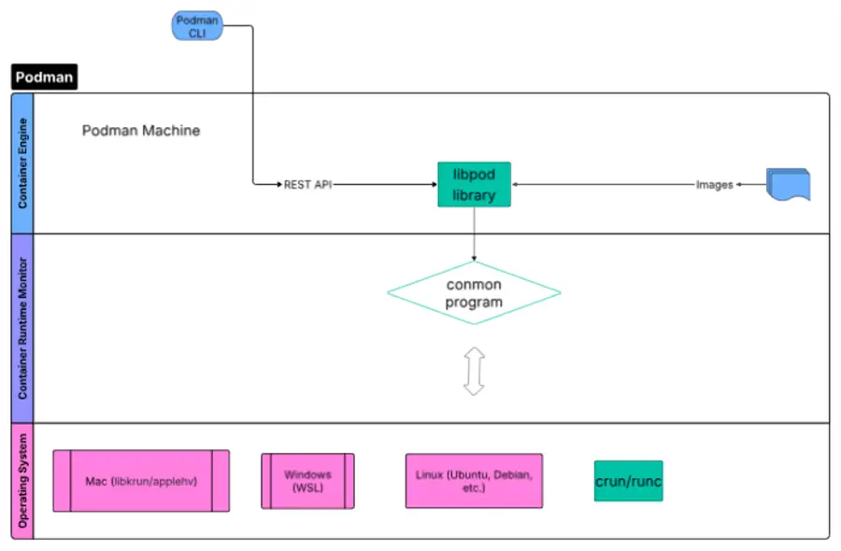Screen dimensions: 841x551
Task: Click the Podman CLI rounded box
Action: tap(197, 26)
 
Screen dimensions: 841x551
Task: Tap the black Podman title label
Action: tap(44, 77)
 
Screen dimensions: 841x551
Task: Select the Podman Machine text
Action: tap(141, 130)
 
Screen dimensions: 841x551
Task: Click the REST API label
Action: tap(307, 184)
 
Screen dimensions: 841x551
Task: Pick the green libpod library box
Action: tap(474, 184)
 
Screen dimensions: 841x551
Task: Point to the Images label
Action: tap(715, 184)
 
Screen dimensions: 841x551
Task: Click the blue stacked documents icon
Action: tap(789, 184)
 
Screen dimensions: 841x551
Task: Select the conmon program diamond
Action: tap(474, 292)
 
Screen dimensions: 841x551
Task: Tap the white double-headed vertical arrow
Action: tap(474, 371)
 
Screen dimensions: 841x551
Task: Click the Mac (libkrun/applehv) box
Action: tap(141, 481)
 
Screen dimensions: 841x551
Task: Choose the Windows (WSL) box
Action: tap(307, 481)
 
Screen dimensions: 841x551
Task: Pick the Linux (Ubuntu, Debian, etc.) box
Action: tap(474, 481)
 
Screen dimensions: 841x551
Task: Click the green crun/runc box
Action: tap(629, 481)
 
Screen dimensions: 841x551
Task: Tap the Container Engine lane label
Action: tap(22, 163)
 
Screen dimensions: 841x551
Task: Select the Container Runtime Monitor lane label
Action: tap(22, 328)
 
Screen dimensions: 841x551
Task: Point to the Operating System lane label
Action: tap(22, 481)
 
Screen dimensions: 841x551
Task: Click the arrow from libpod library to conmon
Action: tap(474, 233)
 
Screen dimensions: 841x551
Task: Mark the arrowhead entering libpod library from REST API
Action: tap(435, 184)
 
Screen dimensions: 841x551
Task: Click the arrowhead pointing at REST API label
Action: tap(279, 184)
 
